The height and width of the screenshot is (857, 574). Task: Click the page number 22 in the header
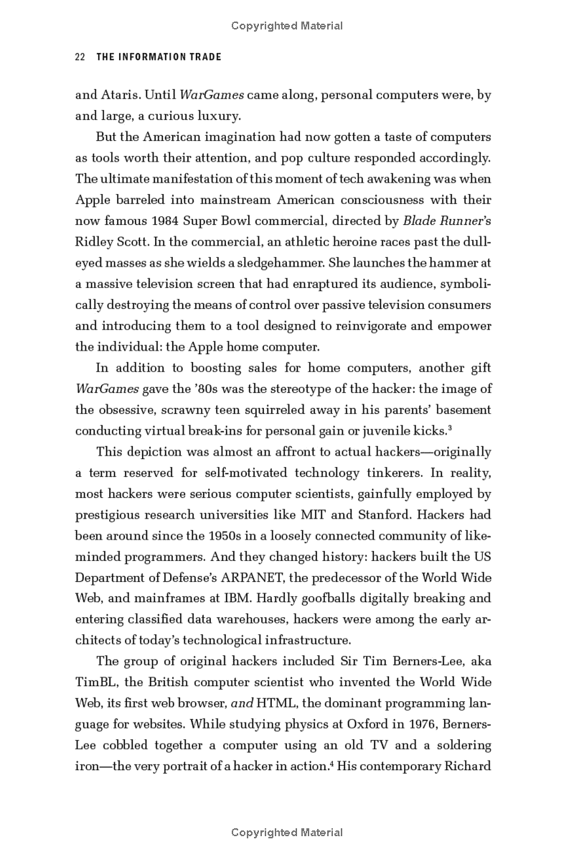[80, 57]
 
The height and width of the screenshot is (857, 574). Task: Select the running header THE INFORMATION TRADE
[159, 57]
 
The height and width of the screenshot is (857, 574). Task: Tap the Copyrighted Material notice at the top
[287, 26]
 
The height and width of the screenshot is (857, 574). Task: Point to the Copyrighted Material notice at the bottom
[287, 833]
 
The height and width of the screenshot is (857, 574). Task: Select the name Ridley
[93, 241]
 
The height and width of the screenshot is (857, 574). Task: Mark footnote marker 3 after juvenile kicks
[449, 428]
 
